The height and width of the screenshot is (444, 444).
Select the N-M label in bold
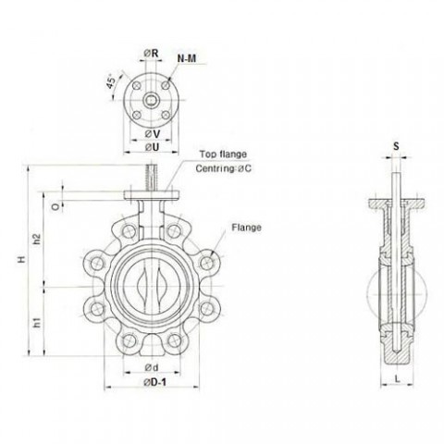click(184, 59)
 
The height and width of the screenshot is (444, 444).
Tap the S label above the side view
click(394, 145)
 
